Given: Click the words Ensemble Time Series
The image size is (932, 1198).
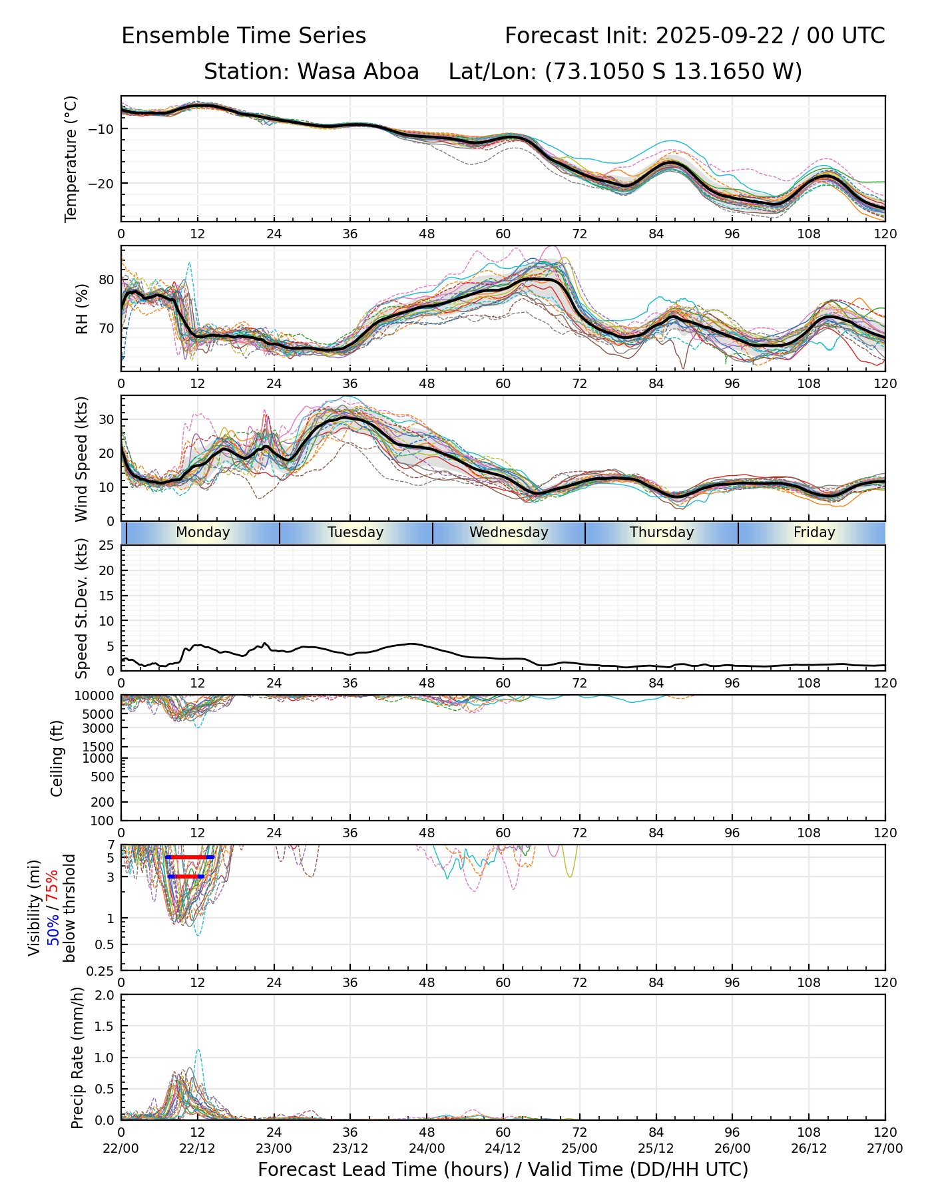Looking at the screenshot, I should point(244,36).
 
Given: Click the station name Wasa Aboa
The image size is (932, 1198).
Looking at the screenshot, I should point(358,72).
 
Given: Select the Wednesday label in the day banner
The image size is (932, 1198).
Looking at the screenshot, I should point(509,532).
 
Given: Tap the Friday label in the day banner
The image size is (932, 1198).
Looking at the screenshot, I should point(814,532).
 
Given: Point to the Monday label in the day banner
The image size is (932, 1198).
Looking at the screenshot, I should point(203,532).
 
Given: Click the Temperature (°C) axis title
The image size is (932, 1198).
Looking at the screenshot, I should point(71,158).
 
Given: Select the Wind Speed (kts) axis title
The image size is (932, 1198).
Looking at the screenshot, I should point(81,459).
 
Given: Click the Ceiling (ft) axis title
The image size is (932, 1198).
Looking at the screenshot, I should point(57,758).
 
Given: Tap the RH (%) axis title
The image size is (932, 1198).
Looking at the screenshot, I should point(82,309).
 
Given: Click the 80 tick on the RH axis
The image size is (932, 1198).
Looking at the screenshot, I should point(107,280).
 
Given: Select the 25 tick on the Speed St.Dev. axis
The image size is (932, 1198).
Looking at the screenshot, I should point(107,546).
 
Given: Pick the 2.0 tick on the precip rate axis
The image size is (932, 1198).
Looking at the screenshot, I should point(104,995).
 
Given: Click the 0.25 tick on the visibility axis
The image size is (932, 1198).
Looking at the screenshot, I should point(102,970).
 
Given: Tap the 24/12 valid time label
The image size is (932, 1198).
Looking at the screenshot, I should point(503,1148).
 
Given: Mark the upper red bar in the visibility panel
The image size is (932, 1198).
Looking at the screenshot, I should point(190,857).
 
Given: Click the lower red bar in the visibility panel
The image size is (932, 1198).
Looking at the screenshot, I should point(186,877).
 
